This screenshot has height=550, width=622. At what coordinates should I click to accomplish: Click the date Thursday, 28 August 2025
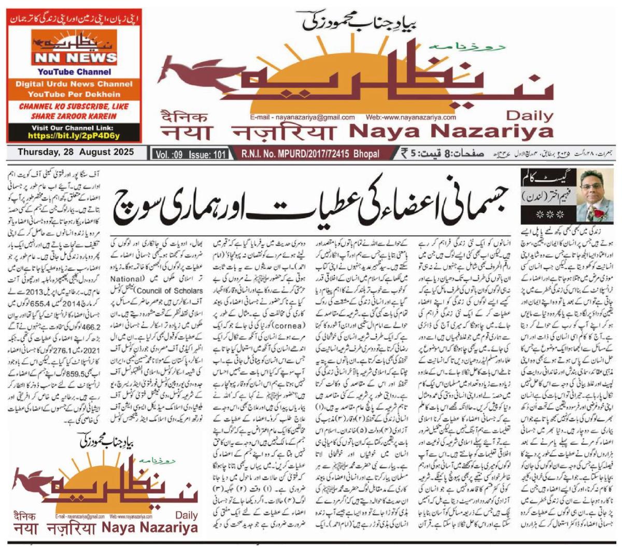[76, 152]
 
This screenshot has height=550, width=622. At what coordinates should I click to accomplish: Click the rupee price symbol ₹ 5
[411, 153]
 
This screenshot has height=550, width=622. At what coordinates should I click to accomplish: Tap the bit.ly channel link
[73, 136]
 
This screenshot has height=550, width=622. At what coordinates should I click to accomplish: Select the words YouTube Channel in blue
[74, 72]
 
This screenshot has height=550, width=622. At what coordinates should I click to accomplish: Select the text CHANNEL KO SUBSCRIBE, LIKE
[74, 106]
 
